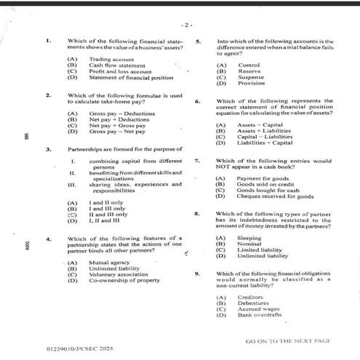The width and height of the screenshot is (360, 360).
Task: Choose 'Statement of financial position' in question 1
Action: coord(131,78)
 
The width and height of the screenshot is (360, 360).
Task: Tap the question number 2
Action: coord(48,95)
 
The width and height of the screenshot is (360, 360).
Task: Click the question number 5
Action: coord(199,41)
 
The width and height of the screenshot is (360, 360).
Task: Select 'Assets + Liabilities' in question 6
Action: coord(263,131)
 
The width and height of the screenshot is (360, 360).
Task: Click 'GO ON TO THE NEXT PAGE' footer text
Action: coord(288,340)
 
